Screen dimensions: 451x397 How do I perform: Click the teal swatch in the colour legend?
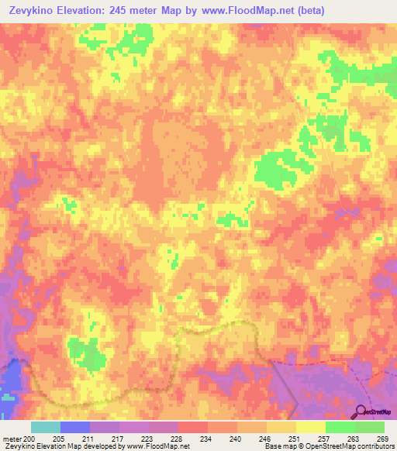click(x=46, y=427)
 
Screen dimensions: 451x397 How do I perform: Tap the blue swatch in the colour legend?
click(x=75, y=427)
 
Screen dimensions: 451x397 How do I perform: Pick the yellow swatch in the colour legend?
click(x=310, y=427)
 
